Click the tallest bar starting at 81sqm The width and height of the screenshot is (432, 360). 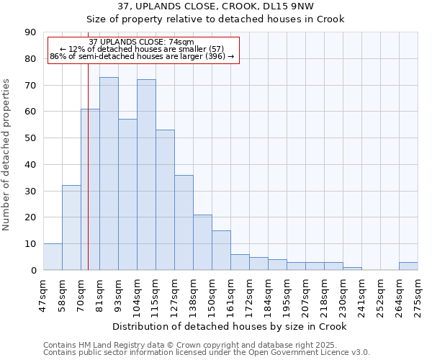(109, 174)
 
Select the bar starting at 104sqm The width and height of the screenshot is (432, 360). (146, 175)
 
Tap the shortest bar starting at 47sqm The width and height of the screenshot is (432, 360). (53, 257)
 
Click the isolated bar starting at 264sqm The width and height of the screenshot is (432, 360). (408, 266)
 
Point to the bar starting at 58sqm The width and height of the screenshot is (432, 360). (71, 228)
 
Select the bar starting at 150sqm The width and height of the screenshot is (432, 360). (221, 251)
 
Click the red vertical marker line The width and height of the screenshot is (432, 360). (88, 180)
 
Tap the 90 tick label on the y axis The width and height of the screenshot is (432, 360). (30, 32)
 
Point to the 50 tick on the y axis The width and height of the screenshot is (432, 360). (30, 138)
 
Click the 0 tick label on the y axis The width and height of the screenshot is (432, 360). (33, 270)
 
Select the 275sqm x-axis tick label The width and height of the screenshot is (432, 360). (418, 297)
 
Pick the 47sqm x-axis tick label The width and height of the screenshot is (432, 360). (43, 297)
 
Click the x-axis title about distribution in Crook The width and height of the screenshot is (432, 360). (230, 326)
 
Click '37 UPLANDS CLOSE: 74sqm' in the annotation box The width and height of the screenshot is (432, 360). (142, 42)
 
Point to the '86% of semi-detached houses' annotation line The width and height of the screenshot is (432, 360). (142, 56)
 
